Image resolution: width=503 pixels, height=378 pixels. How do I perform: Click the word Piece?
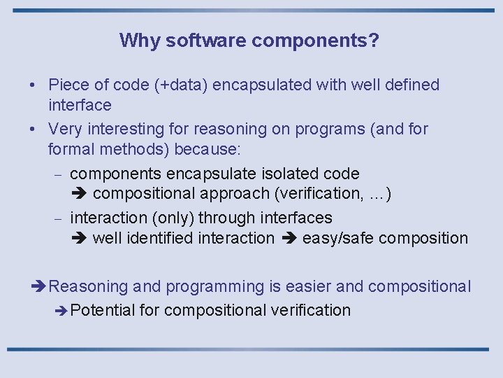(x=68, y=85)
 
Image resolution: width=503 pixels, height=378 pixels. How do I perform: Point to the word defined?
(x=412, y=85)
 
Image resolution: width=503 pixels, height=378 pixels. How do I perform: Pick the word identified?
(x=159, y=238)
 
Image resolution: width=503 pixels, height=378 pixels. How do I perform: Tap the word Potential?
(x=102, y=310)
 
